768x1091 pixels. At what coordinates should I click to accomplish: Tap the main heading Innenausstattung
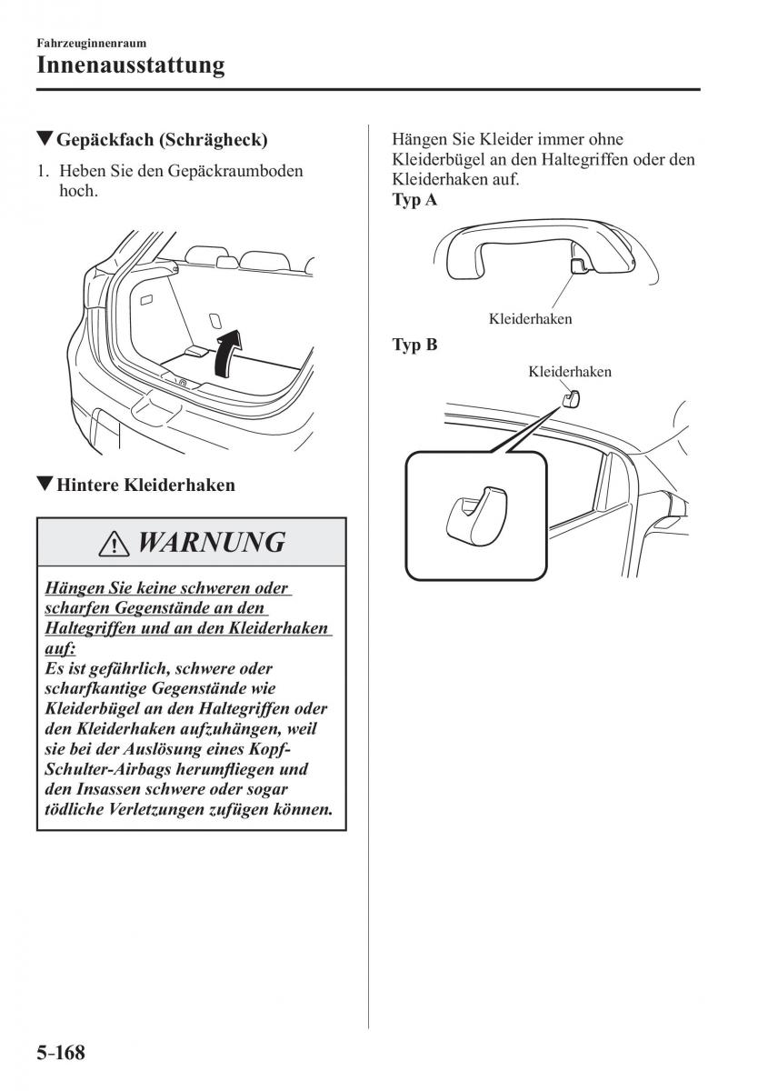pyautogui.click(x=131, y=65)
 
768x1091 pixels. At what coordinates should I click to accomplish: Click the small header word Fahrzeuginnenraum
pyautogui.click(x=92, y=44)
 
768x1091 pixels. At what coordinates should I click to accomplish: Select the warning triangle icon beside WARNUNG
pyautogui.click(x=114, y=544)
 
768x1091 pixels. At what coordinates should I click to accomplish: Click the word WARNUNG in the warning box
pyautogui.click(x=212, y=542)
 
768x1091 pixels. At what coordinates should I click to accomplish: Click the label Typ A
pyautogui.click(x=414, y=200)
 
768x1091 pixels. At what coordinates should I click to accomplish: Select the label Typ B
pyautogui.click(x=415, y=345)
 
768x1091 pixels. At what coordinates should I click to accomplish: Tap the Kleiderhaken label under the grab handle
pyautogui.click(x=531, y=319)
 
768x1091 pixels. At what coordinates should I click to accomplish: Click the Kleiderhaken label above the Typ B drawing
pyautogui.click(x=570, y=372)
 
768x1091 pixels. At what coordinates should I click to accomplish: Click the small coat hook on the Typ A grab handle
pyautogui.click(x=578, y=265)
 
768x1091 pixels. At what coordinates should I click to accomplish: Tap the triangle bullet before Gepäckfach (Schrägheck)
pyautogui.click(x=44, y=140)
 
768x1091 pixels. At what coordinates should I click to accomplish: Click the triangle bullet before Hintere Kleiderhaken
pyautogui.click(x=44, y=484)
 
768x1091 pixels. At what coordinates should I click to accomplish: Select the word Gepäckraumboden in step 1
pyautogui.click(x=235, y=171)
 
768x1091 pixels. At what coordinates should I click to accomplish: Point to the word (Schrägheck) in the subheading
pyautogui.click(x=214, y=140)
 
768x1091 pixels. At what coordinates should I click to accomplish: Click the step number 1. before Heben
pyautogui.click(x=44, y=171)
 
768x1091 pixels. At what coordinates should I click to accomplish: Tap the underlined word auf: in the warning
pyautogui.click(x=60, y=648)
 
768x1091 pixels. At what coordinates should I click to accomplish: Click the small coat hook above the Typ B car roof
pyautogui.click(x=571, y=398)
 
